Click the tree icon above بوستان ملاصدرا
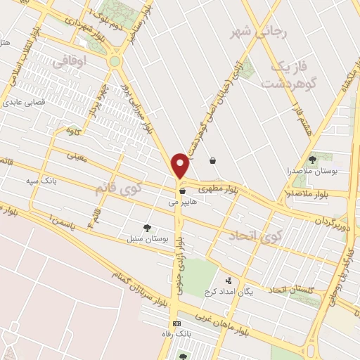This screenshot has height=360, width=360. pos(312,159)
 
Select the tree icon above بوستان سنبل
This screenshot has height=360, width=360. pos(147,227)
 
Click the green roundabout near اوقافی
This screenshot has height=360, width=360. pos(115,62)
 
